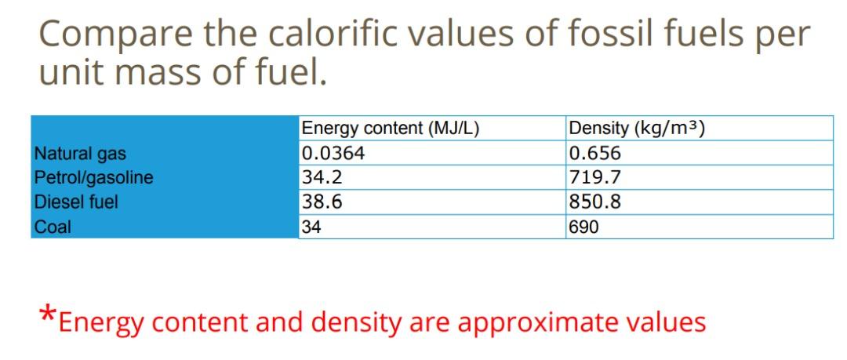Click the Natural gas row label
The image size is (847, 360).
click(x=80, y=153)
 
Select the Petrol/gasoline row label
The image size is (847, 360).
click(x=93, y=177)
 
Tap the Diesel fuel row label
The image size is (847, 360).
click(x=76, y=202)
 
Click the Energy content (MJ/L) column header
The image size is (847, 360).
click(x=391, y=128)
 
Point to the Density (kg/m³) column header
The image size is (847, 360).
click(x=635, y=128)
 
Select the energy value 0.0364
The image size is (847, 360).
click(x=333, y=153)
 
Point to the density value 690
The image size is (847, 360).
click(x=584, y=227)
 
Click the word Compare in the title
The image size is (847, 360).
click(x=114, y=35)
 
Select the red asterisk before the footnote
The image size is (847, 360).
click(x=49, y=315)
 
